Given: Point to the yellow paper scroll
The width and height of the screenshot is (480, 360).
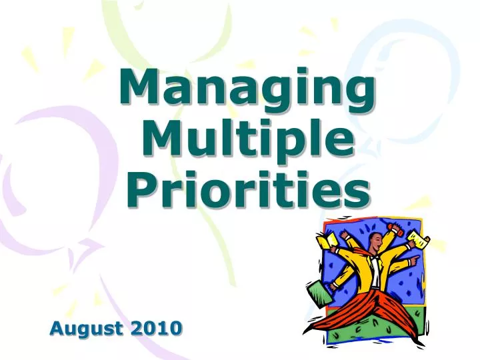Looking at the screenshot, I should point(418,237).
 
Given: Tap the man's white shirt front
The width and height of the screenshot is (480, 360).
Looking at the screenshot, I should point(376,270).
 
